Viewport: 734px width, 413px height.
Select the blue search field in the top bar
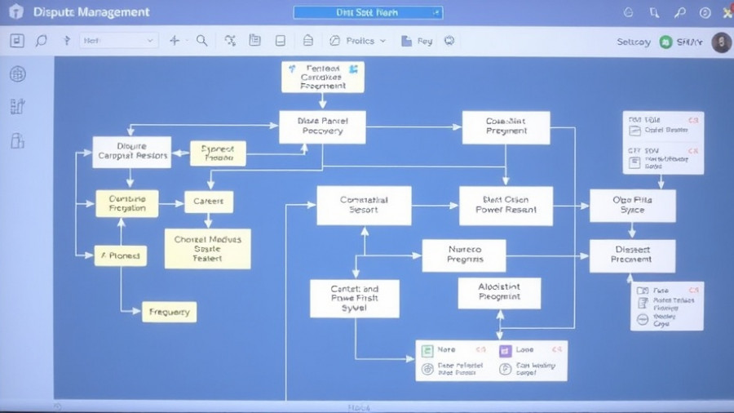pyautogui.click(x=367, y=12)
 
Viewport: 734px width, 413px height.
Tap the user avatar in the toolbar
pyautogui.click(x=720, y=42)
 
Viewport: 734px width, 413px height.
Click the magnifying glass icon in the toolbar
pyautogui.click(x=201, y=41)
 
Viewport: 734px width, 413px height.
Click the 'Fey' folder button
pyautogui.click(x=416, y=41)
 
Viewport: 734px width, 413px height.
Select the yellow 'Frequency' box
pyautogui.click(x=170, y=311)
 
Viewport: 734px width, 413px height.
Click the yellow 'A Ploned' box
pyautogui.click(x=120, y=255)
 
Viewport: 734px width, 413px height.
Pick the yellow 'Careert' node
pyautogui.click(x=209, y=202)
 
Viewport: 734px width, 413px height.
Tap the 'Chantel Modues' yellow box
pyautogui.click(x=207, y=248)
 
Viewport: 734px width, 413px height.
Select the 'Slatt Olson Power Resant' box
pyautogui.click(x=506, y=205)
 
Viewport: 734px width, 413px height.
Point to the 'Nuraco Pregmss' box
pyautogui.click(x=463, y=255)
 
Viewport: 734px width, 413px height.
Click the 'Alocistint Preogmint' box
pyautogui.click(x=499, y=291)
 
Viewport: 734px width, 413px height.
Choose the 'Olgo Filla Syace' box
pyautogui.click(x=632, y=205)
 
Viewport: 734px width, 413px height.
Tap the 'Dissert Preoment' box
pyautogui.click(x=632, y=255)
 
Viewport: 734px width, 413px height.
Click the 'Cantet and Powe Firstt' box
pyautogui.click(x=355, y=298)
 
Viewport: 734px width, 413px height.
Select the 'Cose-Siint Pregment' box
pyautogui.click(x=506, y=127)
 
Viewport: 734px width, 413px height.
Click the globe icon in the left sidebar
pyautogui.click(x=17, y=74)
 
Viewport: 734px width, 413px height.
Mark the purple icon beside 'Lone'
pyautogui.click(x=505, y=350)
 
